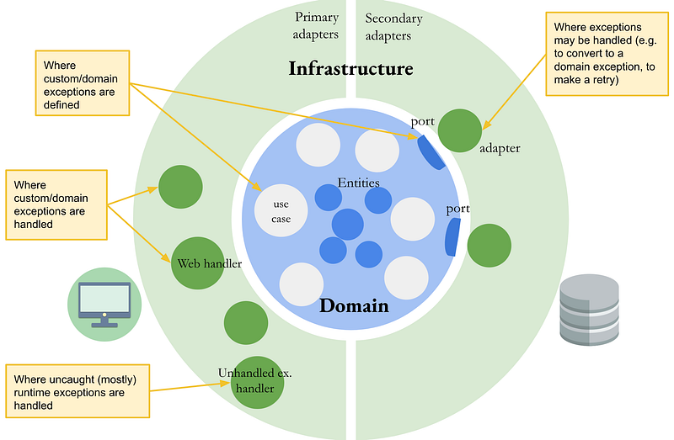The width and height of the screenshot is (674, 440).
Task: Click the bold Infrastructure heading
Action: pyautogui.click(x=350, y=68)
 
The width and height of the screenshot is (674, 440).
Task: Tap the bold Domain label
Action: pyautogui.click(x=354, y=305)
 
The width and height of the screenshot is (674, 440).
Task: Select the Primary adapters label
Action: pyautogui.click(x=316, y=25)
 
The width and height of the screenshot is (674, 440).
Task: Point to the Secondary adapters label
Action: pyautogui.click(x=393, y=27)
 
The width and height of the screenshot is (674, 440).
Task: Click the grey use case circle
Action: pyautogui.click(x=281, y=210)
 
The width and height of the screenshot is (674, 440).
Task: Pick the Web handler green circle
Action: pyautogui.click(x=198, y=263)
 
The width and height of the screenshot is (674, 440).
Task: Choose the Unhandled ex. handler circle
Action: pyautogui.click(x=257, y=382)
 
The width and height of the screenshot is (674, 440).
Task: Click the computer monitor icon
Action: pyautogui.click(x=104, y=305)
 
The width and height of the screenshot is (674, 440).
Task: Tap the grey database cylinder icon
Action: pyautogui.click(x=589, y=310)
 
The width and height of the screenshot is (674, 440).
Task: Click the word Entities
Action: pyautogui.click(x=359, y=183)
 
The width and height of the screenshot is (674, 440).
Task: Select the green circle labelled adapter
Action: pyautogui.click(x=459, y=130)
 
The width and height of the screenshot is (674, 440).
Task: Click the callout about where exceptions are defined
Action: pyautogui.click(x=83, y=83)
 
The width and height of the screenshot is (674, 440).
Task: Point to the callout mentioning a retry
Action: pyautogui.click(x=607, y=54)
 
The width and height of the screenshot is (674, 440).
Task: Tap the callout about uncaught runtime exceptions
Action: pyautogui.click(x=78, y=391)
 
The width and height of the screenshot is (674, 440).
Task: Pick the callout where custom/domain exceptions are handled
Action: pyautogui.click(x=56, y=204)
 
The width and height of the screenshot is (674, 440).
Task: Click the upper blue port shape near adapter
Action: pyautogui.click(x=431, y=152)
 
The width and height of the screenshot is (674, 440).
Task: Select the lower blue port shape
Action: pyautogui.click(x=452, y=237)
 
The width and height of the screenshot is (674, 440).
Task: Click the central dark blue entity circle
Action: pyautogui.click(x=347, y=225)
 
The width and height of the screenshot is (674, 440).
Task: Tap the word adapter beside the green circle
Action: pyautogui.click(x=500, y=149)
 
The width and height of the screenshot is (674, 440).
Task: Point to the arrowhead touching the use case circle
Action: pyautogui.click(x=258, y=187)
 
